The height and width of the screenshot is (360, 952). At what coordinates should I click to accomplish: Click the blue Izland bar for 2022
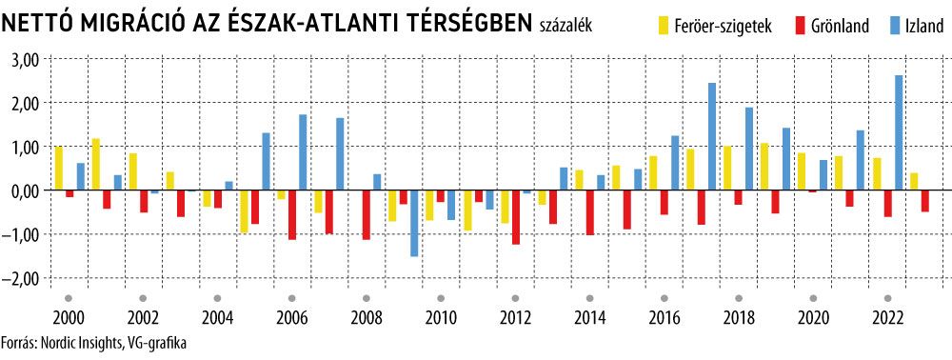coord(899,133)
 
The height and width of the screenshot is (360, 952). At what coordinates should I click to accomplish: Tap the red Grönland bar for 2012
coord(516,217)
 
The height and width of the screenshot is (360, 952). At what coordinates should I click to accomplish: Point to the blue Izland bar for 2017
coord(711,136)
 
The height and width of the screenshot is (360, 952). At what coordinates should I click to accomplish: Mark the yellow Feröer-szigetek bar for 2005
coord(244,211)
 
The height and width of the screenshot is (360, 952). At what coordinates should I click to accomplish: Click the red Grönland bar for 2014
coord(590,212)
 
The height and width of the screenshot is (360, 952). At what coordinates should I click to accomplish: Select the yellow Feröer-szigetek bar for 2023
coord(914,182)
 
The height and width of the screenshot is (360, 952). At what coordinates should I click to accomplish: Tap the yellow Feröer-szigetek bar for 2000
coord(59,169)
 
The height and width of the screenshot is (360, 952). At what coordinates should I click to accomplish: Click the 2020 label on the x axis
coord(812,318)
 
